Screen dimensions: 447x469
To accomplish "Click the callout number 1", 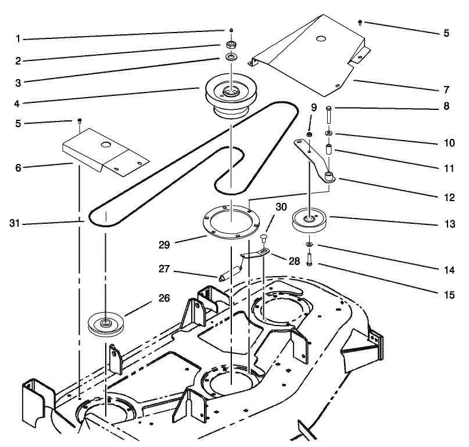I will pyautogui.click(x=18, y=39).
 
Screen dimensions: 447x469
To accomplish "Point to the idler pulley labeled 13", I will pyautogui.click(x=311, y=221).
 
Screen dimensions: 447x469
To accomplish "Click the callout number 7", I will pyautogui.click(x=446, y=90).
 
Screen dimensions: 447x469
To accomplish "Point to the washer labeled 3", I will pyautogui.click(x=232, y=58).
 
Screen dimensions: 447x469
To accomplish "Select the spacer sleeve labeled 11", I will pyautogui.click(x=328, y=150).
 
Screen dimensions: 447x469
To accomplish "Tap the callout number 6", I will pyautogui.click(x=18, y=166).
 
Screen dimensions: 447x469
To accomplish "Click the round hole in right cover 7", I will pyautogui.click(x=318, y=40).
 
